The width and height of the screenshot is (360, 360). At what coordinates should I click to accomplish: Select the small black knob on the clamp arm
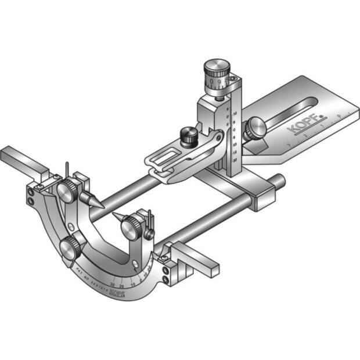pos(188,137)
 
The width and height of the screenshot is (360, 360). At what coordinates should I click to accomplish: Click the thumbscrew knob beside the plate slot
pos(255,128)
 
